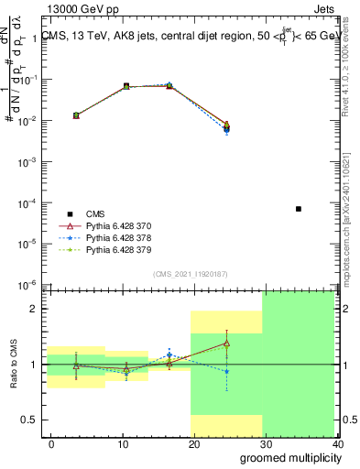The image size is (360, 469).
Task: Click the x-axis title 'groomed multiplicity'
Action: click(289, 458)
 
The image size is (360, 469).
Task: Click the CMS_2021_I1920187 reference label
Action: click(190, 274)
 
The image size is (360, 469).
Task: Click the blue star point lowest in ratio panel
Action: click(226, 371)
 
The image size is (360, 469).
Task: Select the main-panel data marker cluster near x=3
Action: click(76, 115)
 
